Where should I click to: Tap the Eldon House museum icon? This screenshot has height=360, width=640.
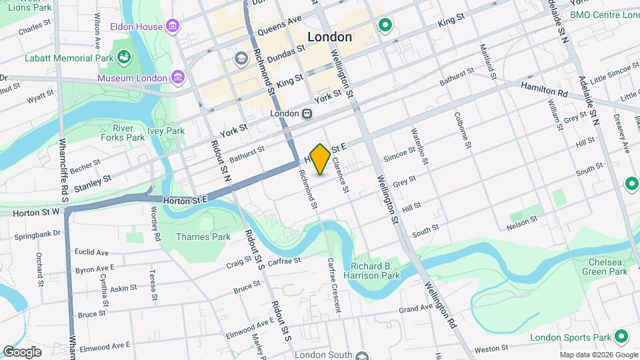173,27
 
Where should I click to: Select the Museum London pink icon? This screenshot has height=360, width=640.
178,78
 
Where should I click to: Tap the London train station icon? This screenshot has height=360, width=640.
307,113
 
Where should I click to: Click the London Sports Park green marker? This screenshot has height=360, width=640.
621,337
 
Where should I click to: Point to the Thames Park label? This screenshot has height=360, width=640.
203,237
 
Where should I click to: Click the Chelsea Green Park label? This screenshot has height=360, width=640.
604,266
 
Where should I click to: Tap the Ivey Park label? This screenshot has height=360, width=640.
166,131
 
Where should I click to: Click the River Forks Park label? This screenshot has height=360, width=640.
129,132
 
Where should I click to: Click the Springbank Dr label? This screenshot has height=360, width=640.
38,235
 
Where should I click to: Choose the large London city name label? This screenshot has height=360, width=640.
329,37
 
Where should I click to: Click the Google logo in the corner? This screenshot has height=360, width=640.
22,351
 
